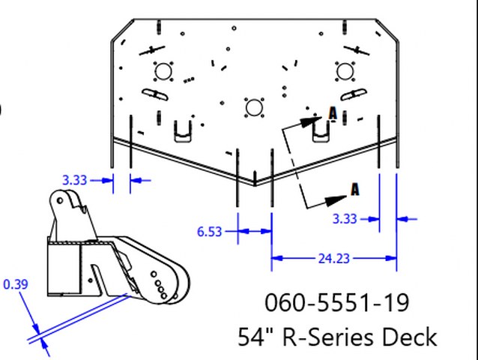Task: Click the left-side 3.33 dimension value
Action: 74,179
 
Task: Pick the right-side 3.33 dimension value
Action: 345,219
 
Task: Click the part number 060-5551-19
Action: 337,303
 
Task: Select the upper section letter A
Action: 333,113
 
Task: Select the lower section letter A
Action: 355,189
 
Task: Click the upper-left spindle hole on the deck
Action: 163,71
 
